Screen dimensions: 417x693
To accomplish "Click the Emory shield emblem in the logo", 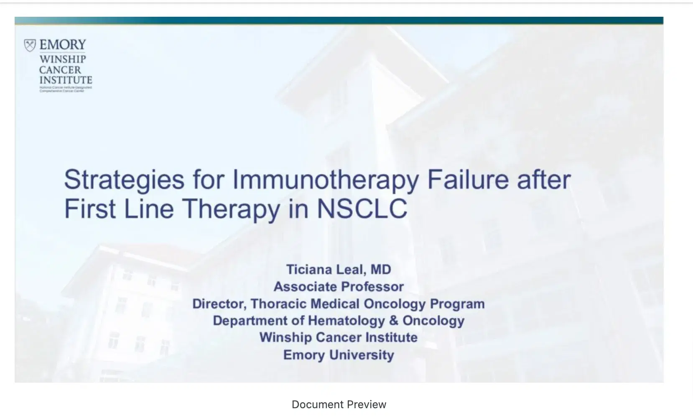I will point(30,45).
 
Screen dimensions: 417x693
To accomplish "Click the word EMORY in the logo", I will point(63,45).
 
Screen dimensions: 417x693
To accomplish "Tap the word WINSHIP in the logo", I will point(62,59).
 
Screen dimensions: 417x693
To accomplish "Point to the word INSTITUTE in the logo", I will point(66,80).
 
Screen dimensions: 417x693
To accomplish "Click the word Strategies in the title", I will point(124,180).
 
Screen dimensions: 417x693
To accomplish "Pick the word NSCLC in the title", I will point(362,208).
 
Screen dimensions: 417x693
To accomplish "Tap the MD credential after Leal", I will point(380,269).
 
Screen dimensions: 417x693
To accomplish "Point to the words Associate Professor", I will point(339,287).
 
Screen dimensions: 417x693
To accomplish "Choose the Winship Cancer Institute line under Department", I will point(339,337).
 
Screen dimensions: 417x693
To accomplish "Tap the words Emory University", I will point(339,355).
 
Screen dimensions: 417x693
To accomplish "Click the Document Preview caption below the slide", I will point(339,404).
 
